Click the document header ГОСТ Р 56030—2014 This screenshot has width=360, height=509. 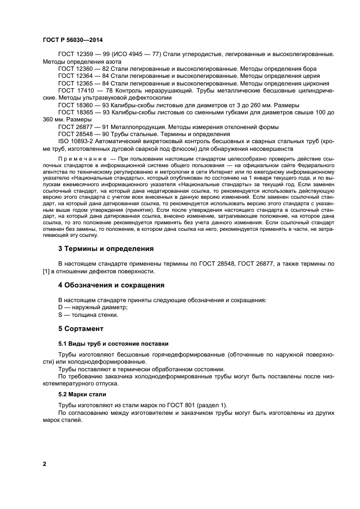click(72, 40)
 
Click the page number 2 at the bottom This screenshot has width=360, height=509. click(44, 464)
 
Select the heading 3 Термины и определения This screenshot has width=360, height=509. click(106, 249)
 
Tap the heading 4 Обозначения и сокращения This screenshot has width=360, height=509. click(111, 285)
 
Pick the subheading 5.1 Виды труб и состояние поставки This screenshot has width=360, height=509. click(113, 344)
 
